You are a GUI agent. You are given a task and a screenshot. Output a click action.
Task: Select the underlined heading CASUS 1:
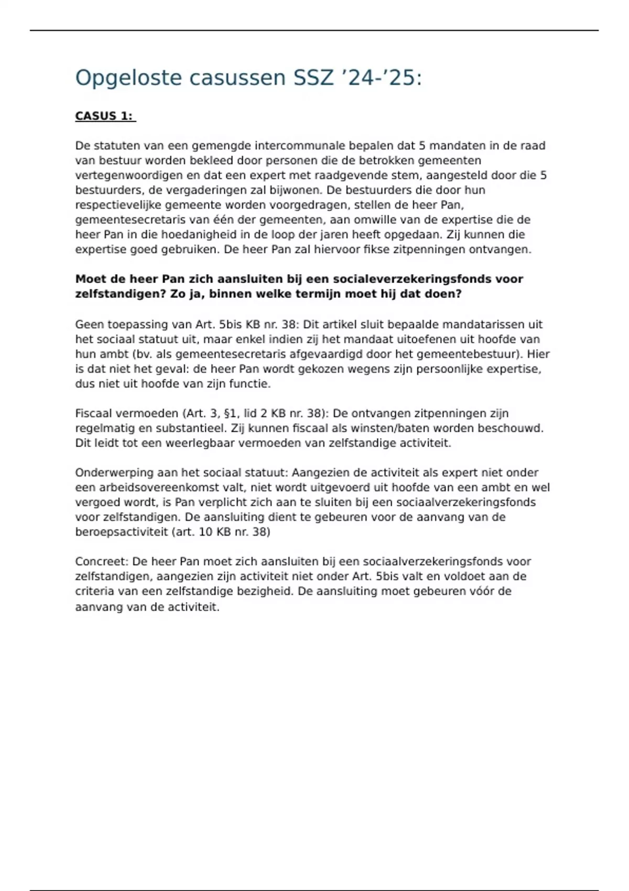pos(104,116)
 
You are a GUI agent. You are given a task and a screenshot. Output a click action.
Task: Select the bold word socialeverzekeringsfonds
pos(408,279)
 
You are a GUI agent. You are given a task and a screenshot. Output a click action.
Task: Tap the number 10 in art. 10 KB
pos(208,532)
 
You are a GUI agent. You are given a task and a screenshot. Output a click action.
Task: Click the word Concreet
pos(101,561)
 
